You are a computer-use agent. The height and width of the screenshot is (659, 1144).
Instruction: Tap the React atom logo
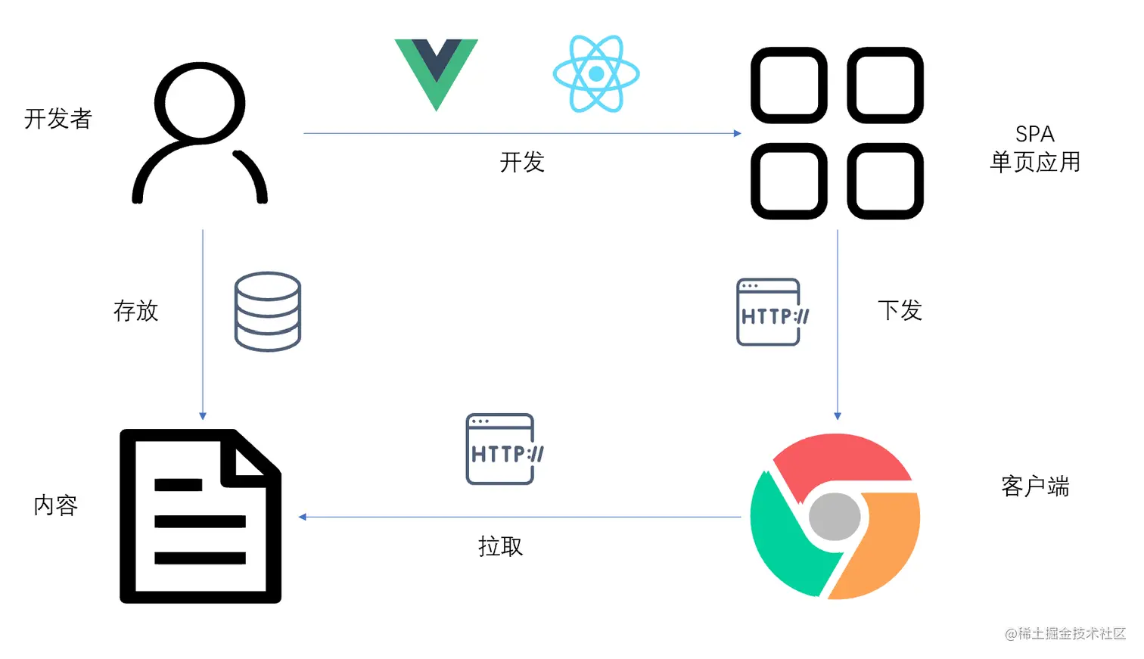pos(596,73)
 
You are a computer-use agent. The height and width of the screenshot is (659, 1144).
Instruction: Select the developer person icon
pos(200,133)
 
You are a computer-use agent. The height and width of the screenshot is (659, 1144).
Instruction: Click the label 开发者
pos(58,119)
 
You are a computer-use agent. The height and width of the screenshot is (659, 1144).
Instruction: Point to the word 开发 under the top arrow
pos(522,162)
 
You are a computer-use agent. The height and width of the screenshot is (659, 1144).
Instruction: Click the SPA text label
pos(1034,135)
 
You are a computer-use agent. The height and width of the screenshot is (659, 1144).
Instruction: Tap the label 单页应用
pos(1034,162)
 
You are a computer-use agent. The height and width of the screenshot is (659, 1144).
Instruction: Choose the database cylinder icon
pos(268,312)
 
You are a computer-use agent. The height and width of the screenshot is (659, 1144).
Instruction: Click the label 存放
pos(136,311)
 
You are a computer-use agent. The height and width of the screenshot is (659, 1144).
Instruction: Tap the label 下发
pos(900,310)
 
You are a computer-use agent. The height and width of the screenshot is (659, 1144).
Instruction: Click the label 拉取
pos(500,546)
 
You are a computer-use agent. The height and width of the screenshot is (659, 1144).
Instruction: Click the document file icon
pos(201,516)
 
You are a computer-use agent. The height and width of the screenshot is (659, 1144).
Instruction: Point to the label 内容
pos(56,505)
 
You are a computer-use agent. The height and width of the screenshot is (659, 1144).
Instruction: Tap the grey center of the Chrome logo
pos(835,517)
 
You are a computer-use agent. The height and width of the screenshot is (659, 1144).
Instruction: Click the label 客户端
pos(1034,486)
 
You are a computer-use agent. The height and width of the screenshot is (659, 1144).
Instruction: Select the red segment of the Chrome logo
pos(840,459)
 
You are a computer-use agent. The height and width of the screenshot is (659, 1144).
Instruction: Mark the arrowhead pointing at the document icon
pos(301,517)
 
